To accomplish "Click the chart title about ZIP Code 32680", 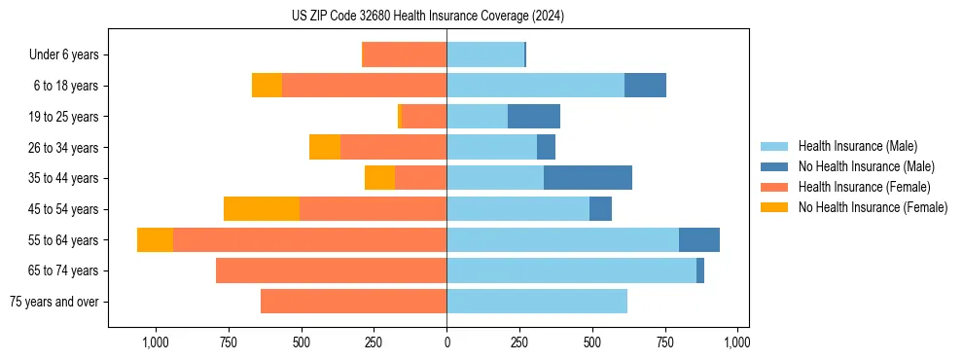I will click(x=427, y=17).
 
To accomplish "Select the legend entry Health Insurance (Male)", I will click(x=857, y=146).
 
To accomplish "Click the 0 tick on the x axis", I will click(x=446, y=342).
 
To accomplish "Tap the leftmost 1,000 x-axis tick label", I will click(x=156, y=342).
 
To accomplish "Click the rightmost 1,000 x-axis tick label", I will click(x=737, y=342).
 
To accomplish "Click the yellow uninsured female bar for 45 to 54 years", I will click(x=262, y=209).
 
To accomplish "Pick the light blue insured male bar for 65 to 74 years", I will click(x=571, y=270).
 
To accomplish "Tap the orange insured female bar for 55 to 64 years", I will click(x=309, y=239).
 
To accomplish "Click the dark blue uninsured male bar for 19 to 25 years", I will click(x=534, y=117).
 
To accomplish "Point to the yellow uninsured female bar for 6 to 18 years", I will click(x=267, y=86).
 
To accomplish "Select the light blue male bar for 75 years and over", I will click(x=537, y=302).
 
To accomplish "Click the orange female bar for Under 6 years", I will click(x=404, y=54).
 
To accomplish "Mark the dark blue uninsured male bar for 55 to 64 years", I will click(x=699, y=239).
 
